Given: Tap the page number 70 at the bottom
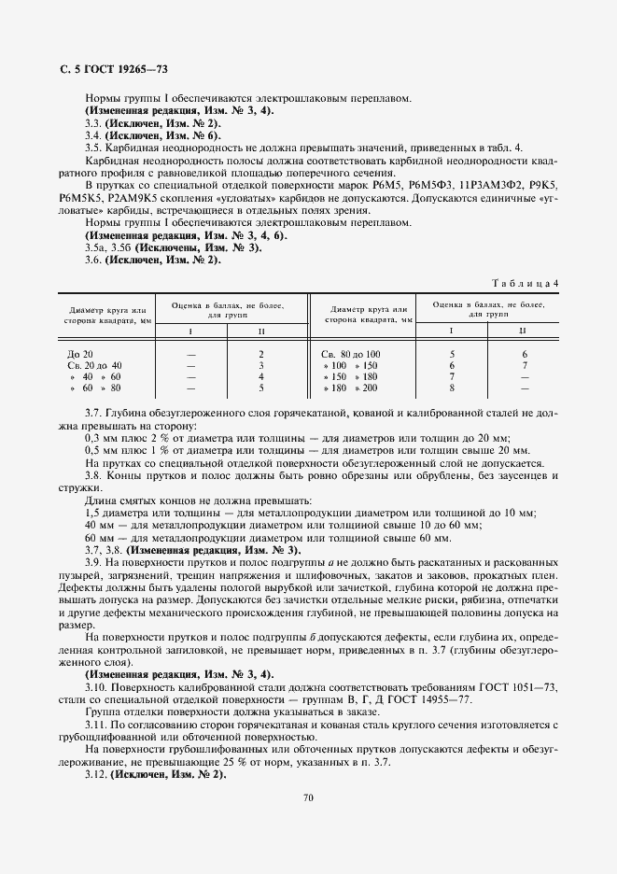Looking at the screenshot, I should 308,796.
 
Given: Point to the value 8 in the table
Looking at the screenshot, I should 452,388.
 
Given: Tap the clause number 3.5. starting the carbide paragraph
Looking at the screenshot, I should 93,148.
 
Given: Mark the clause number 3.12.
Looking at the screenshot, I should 96,774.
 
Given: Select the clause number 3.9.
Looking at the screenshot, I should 93,564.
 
